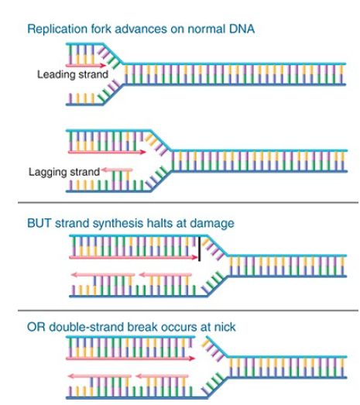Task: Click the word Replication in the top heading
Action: [x=57, y=29]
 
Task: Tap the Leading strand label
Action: [x=73, y=74]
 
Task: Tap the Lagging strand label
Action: [x=64, y=172]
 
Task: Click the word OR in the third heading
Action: [x=36, y=327]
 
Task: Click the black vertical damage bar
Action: [x=200, y=249]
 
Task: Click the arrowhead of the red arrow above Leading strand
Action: [x=104, y=65]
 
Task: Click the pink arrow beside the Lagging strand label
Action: [x=117, y=170]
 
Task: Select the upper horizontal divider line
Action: [x=188, y=203]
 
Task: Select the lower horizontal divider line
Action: [x=188, y=310]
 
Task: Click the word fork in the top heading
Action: [x=101, y=29]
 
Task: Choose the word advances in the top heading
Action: [x=141, y=29]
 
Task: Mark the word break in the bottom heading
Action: [x=142, y=327]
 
